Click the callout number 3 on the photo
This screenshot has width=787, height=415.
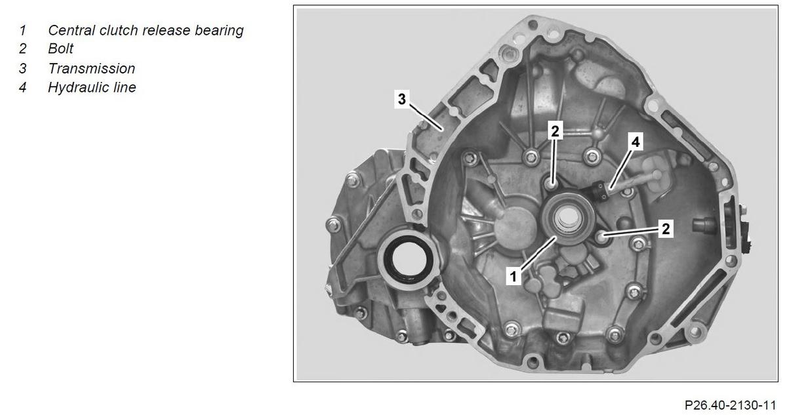[x=402, y=99]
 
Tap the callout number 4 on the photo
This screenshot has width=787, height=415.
[x=636, y=142]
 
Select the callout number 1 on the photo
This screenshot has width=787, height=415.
[x=514, y=276]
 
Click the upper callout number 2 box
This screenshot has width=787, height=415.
[x=555, y=131]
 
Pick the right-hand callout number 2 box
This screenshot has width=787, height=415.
[x=666, y=229]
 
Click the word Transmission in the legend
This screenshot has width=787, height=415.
[x=91, y=68]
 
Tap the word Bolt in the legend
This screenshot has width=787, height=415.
[x=60, y=49]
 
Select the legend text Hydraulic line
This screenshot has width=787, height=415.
[x=92, y=87]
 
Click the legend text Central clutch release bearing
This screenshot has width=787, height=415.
[x=146, y=31]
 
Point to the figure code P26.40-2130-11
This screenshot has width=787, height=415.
[x=730, y=405]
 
